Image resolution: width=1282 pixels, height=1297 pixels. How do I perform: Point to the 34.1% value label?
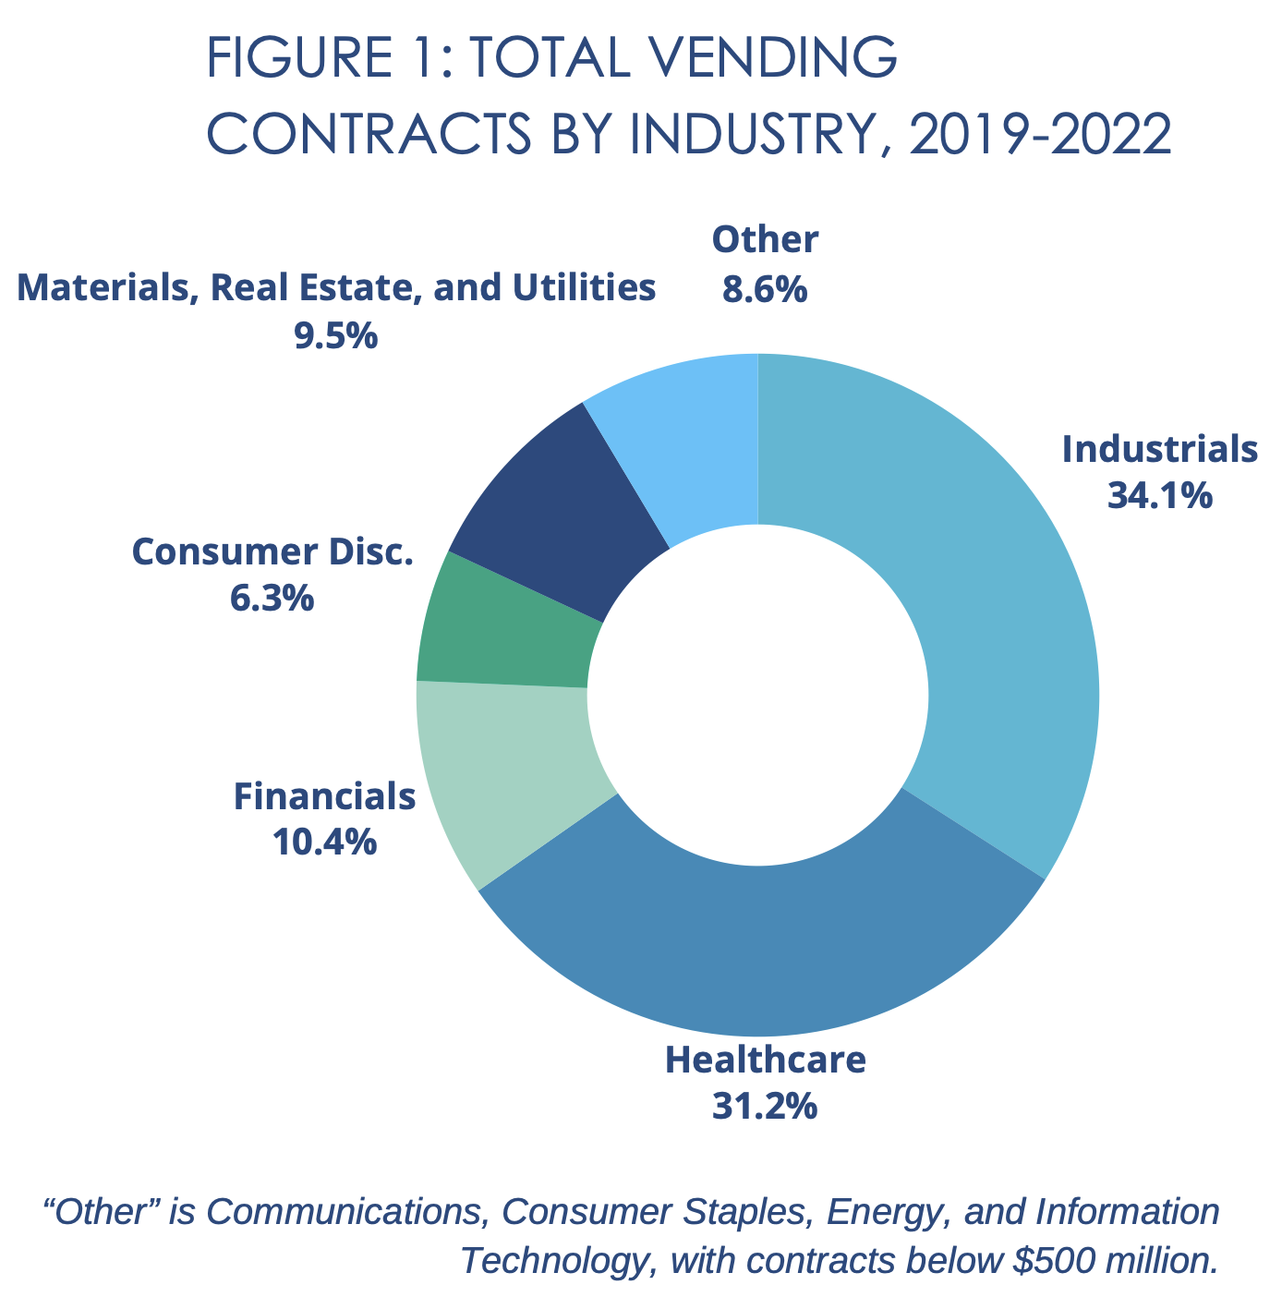[1159, 497]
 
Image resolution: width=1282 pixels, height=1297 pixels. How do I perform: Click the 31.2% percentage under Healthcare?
[764, 1106]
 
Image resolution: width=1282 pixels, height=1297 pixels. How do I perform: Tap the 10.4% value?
[323, 842]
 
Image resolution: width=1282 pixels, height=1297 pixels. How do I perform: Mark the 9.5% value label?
[335, 335]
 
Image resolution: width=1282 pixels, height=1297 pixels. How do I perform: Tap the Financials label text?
[323, 795]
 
